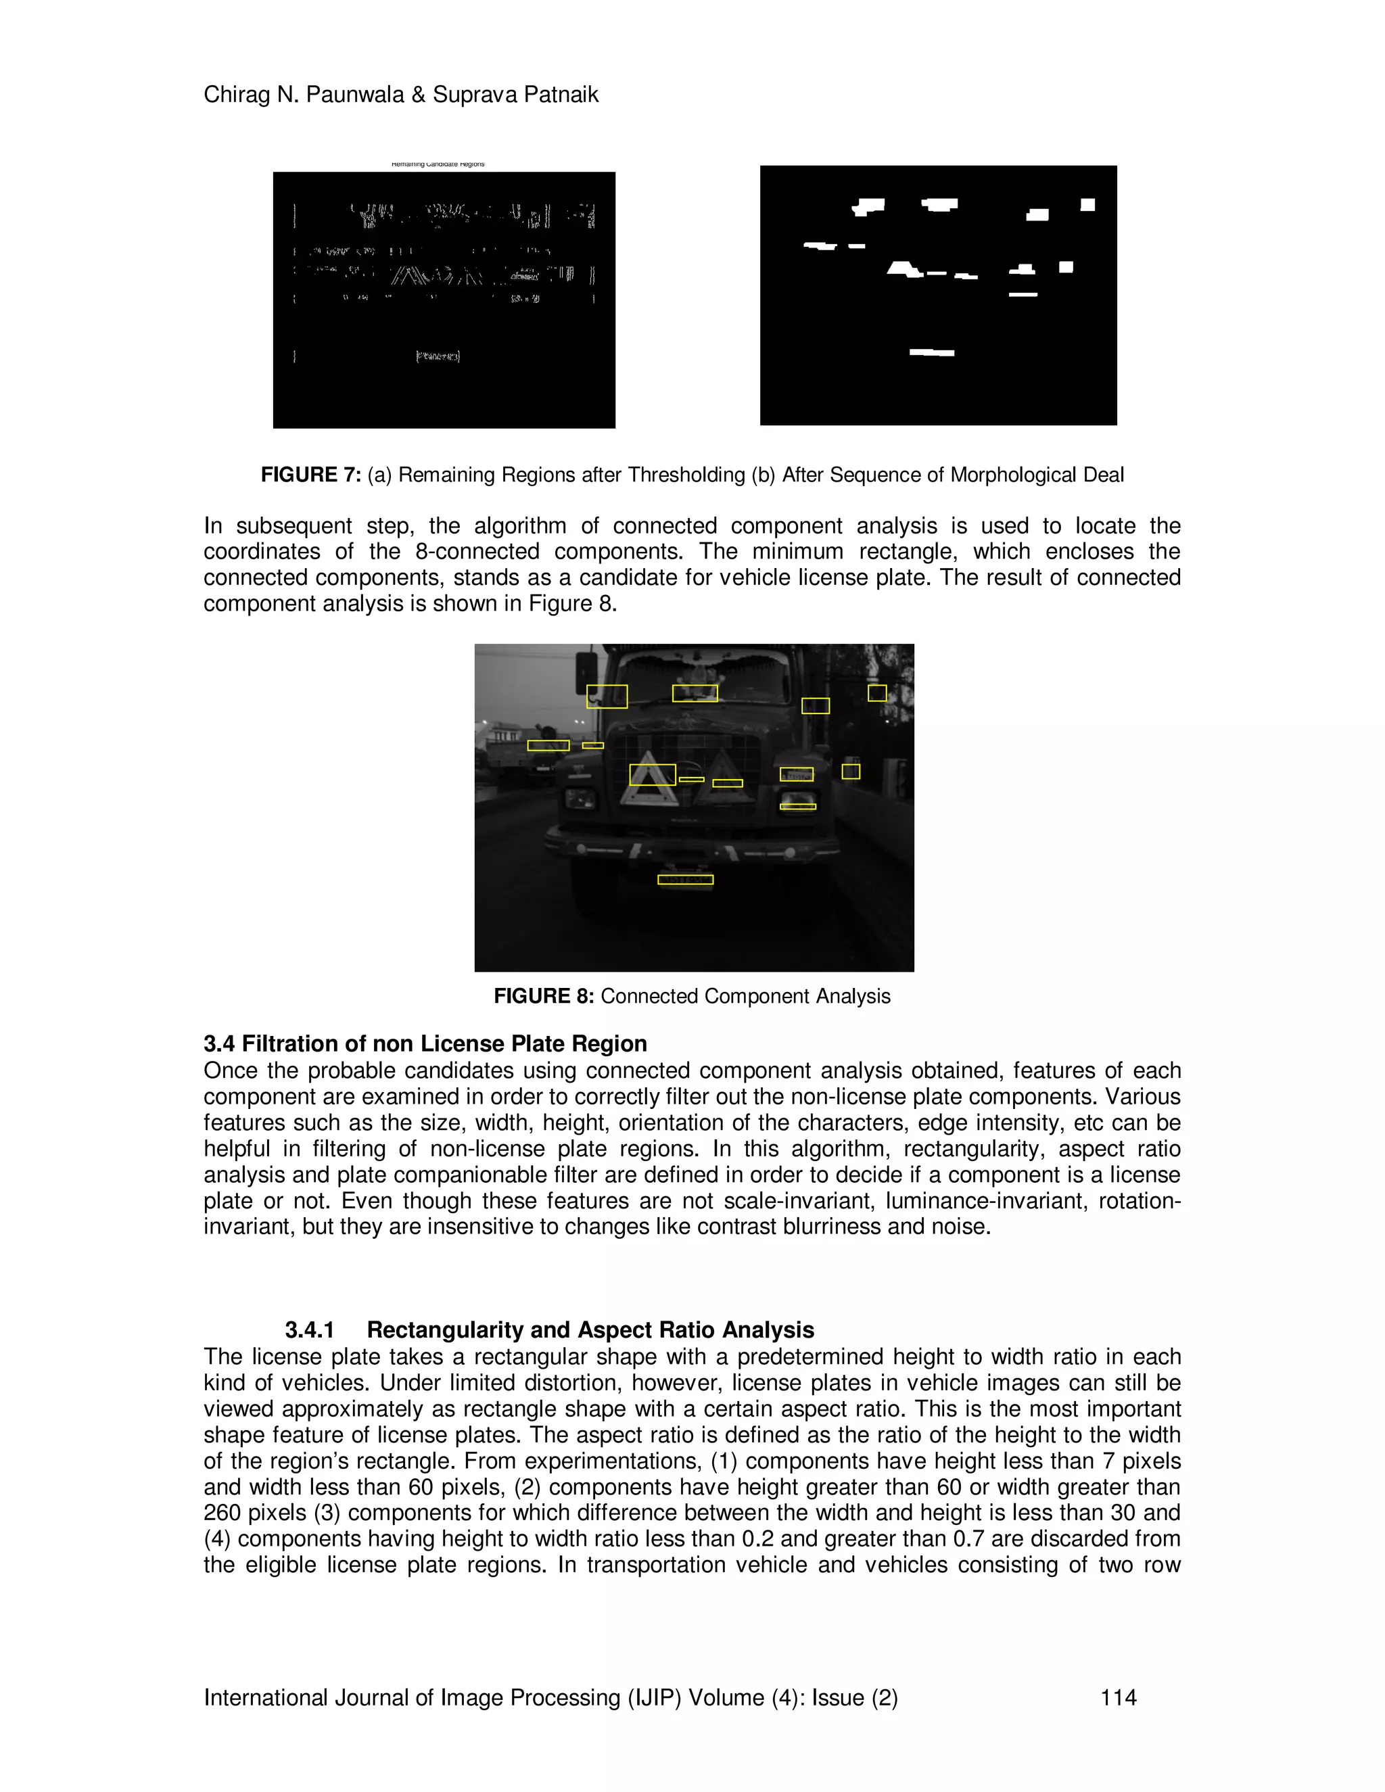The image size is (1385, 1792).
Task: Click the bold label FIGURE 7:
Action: click(310, 475)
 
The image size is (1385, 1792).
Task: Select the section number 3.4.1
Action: click(309, 1330)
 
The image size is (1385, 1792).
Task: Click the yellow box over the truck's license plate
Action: click(685, 880)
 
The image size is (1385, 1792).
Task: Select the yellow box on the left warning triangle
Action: click(653, 774)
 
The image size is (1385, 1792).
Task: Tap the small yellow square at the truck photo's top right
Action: click(877, 693)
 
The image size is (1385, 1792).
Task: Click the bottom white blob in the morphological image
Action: click(931, 353)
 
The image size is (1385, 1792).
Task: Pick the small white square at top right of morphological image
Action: click(1087, 205)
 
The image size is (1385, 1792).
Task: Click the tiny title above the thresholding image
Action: click(438, 164)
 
